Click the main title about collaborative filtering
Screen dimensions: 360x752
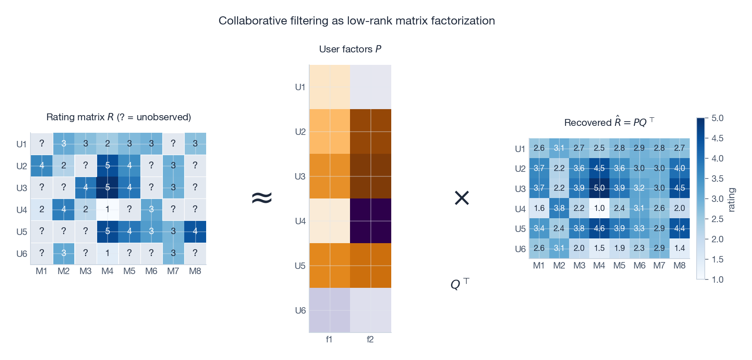356,21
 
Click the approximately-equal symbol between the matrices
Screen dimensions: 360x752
262,198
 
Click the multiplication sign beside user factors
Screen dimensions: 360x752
462,198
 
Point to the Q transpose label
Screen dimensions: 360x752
459,284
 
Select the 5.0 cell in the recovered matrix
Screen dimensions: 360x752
599,188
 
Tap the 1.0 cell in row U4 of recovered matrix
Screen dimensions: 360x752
599,208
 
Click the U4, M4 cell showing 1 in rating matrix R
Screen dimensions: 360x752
107,210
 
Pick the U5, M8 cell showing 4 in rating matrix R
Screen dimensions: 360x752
195,232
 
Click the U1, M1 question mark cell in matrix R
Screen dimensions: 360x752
42,144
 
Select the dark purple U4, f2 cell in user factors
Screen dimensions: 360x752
370,221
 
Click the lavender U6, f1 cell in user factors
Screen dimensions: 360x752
329,310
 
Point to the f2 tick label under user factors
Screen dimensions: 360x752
370,339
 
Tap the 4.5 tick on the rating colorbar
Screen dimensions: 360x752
717,138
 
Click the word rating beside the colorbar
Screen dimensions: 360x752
731,200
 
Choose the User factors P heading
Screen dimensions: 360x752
350,49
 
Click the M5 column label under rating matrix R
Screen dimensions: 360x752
129,271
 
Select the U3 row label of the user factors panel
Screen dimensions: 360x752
300,177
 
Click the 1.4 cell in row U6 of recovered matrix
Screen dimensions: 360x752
679,248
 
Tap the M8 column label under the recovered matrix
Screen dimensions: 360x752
679,265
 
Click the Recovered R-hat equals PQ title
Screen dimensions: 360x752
609,122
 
